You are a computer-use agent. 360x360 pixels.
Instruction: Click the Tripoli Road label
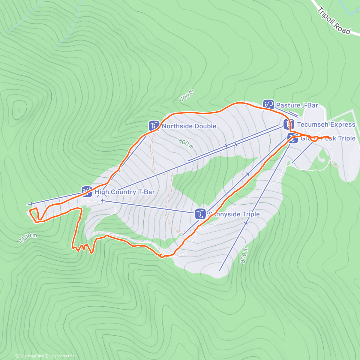click(334, 21)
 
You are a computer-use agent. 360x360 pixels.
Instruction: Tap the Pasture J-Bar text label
click(297, 105)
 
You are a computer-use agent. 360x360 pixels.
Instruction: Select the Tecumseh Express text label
click(326, 124)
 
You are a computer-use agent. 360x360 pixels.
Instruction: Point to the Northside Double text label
click(189, 126)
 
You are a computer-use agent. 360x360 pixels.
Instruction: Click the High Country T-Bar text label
click(124, 192)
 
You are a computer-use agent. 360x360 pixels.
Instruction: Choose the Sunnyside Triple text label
click(234, 214)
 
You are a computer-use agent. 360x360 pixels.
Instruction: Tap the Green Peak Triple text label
click(328, 138)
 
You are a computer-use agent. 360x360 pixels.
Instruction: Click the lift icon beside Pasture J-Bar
click(268, 105)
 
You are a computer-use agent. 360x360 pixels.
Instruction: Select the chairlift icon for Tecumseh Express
click(289, 124)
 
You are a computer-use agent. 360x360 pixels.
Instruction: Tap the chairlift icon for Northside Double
click(154, 126)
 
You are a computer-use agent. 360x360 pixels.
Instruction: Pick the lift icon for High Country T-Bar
click(87, 191)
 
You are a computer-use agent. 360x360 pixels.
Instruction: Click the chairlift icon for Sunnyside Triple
click(200, 214)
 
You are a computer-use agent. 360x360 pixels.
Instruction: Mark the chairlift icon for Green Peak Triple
click(293, 138)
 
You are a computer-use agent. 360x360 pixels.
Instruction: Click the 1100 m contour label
click(28, 238)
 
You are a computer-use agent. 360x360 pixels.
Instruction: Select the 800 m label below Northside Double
click(186, 143)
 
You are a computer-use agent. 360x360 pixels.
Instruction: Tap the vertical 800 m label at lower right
click(244, 255)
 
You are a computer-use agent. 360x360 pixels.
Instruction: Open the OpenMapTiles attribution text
click(29, 356)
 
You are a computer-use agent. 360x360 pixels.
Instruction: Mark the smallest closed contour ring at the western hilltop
click(19, 110)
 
